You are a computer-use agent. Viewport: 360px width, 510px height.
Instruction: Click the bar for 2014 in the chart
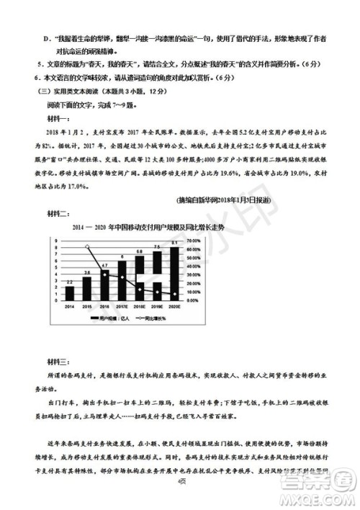pyautogui.click(x=70, y=292)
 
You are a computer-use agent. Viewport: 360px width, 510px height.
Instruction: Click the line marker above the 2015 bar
pyautogui.click(x=87, y=246)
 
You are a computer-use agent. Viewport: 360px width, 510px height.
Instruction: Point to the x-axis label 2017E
pyautogui.click(x=122, y=307)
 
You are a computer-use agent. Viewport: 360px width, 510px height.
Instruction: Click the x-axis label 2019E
pyautogui.click(x=157, y=307)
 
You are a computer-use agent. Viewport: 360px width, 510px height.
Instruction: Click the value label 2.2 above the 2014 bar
pyautogui.click(x=70, y=281)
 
